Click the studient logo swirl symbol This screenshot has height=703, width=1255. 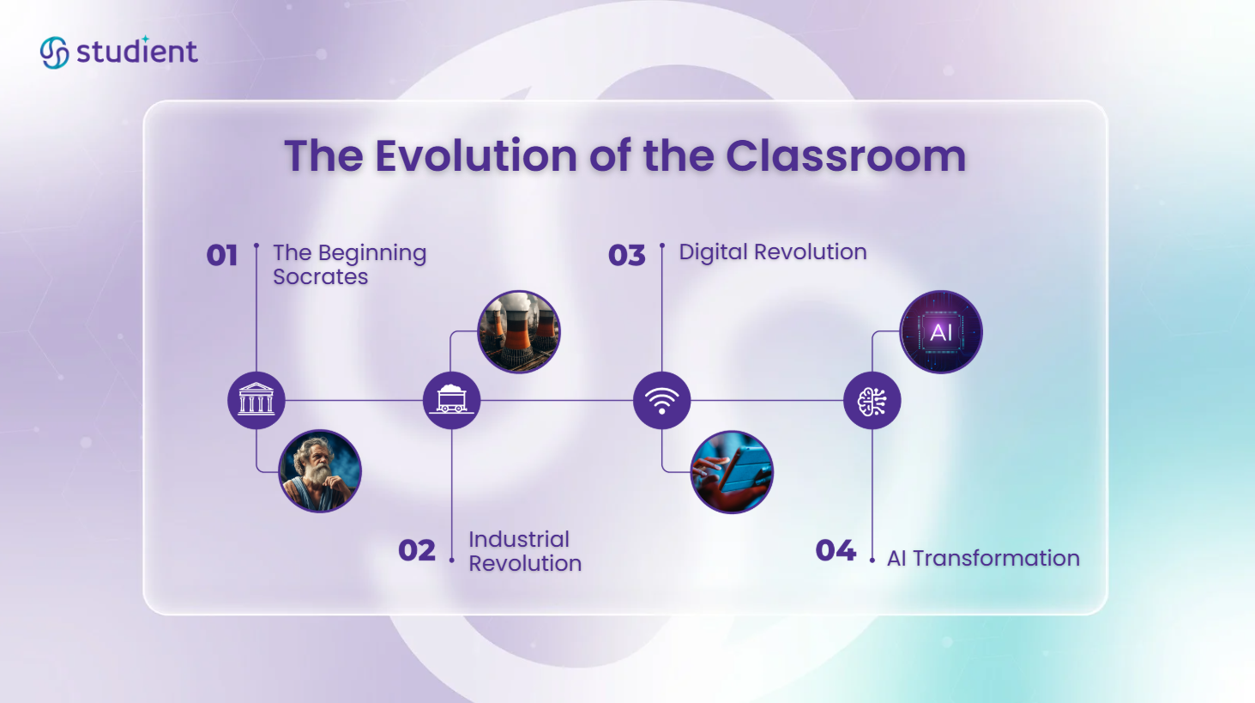point(54,52)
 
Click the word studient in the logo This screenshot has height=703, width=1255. point(137,52)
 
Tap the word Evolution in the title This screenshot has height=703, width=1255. point(475,156)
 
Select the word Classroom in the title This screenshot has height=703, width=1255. point(846,156)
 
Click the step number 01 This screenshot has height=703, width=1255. point(222,255)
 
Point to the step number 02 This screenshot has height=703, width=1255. point(417,550)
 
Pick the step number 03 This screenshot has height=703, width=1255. point(626,255)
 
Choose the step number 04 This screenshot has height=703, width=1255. point(836,550)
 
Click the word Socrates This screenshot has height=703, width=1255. point(320,277)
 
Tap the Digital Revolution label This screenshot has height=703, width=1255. point(772,252)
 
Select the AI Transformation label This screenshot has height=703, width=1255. point(983,558)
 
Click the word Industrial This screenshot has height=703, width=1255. point(518,539)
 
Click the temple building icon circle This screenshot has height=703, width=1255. point(256,400)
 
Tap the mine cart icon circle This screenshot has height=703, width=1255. point(451,400)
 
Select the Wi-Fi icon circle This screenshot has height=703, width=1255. point(661,400)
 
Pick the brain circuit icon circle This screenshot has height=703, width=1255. point(872,400)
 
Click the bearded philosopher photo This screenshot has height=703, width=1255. point(320,471)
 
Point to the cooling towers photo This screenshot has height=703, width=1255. point(518,331)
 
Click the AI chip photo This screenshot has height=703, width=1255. point(941,331)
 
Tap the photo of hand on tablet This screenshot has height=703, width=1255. point(732,471)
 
